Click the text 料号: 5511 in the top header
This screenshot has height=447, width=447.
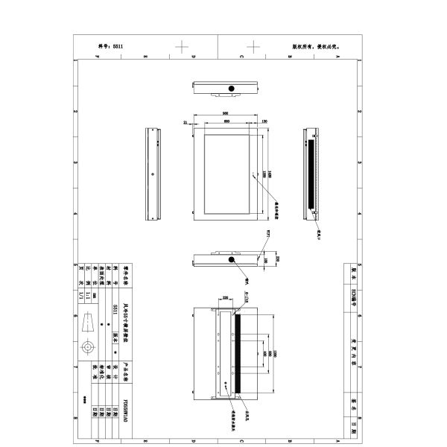(110, 45)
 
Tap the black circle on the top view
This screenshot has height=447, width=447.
(232, 89)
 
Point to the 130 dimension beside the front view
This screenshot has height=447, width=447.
(264, 121)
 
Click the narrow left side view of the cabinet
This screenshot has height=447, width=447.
(153, 175)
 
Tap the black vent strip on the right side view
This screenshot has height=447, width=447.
(308, 174)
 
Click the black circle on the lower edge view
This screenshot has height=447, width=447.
(232, 262)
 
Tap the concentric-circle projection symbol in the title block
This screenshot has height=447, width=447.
(89, 349)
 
